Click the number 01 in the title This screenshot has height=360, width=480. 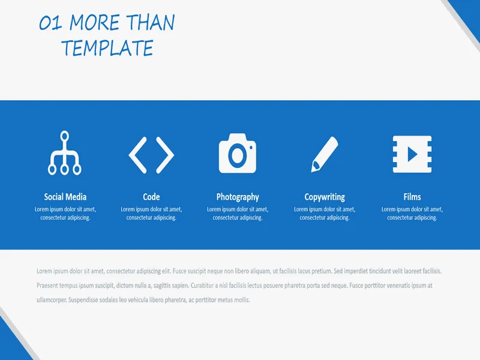coord(50,23)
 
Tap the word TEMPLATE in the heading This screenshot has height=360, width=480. coord(107,48)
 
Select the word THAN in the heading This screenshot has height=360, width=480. coord(151,22)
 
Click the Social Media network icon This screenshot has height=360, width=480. coord(65,153)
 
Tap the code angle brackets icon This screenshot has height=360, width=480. coord(151,155)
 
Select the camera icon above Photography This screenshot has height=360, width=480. coord(238,153)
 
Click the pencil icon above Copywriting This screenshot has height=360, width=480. coord(325,154)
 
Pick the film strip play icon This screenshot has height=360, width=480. coord(412,154)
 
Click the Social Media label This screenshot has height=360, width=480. coord(65,197)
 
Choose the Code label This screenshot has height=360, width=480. coord(151,197)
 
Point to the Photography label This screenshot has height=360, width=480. coord(238,197)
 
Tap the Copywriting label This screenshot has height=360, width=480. coord(325,197)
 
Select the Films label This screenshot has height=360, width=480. coord(412,197)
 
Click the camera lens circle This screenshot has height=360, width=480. coord(238,155)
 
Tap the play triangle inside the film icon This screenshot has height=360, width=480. coord(412,154)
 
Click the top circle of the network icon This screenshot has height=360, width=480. coord(65,136)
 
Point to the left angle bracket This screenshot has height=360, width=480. coord(138,155)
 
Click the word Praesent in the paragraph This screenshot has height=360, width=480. coord(47,286)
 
